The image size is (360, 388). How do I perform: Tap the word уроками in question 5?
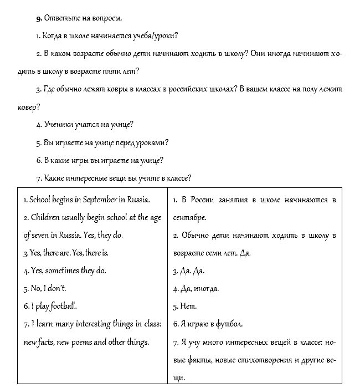150,142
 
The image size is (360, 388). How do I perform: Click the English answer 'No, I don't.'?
45,288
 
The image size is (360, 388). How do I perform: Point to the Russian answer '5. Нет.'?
185,306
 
